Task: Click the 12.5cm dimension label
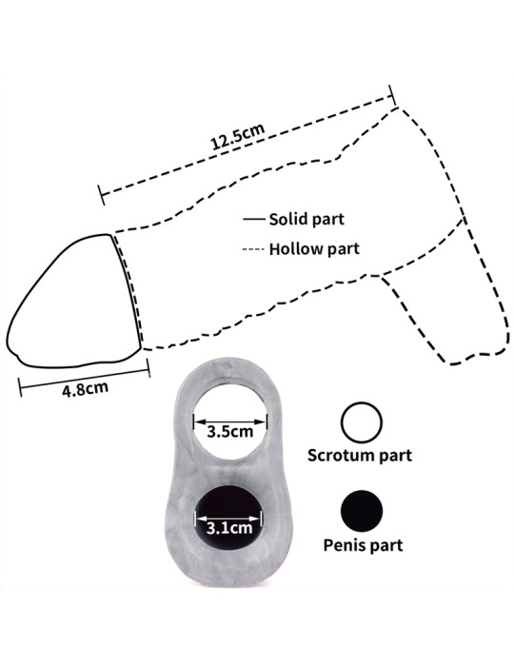pyautogui.click(x=238, y=137)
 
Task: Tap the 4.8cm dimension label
pyautogui.click(x=85, y=389)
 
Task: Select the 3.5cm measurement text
pyautogui.click(x=230, y=432)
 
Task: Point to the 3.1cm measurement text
pyautogui.click(x=229, y=528)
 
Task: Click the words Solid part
pyautogui.click(x=306, y=219)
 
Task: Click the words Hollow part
pyautogui.click(x=314, y=249)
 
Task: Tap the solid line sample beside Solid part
pyautogui.click(x=253, y=219)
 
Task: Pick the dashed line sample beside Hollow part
pyautogui.click(x=253, y=249)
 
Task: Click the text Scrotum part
pyautogui.click(x=360, y=456)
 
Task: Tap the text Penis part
pyautogui.click(x=364, y=545)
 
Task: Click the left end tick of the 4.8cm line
pyautogui.click(x=20, y=387)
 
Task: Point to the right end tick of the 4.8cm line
pyautogui.click(x=148, y=368)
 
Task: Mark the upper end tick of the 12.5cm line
pyautogui.click(x=392, y=95)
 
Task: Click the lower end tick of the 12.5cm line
pyautogui.click(x=102, y=195)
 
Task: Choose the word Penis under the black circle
pyautogui.click(x=341, y=544)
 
